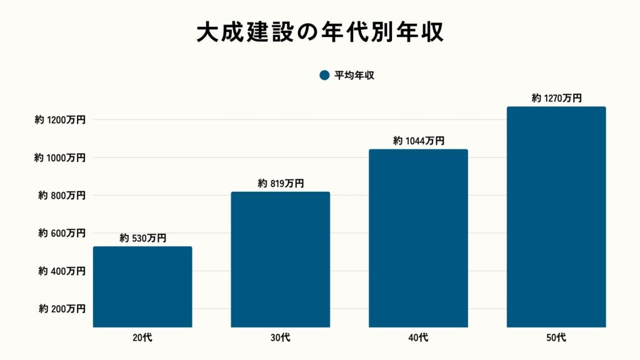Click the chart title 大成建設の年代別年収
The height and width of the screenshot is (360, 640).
[320, 33]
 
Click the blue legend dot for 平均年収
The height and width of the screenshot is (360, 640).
[324, 75]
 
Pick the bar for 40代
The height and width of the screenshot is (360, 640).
[418, 237]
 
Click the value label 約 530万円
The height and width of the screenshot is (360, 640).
[142, 238]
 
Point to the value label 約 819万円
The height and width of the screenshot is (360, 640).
[281, 183]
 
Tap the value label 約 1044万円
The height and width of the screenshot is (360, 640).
[418, 141]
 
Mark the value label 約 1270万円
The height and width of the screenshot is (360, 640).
[556, 98]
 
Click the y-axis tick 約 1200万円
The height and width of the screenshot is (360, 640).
[60, 120]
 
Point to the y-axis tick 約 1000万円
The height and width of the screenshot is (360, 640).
[60, 158]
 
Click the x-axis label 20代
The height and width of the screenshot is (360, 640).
[142, 338]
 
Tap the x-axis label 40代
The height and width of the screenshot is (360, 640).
[418, 338]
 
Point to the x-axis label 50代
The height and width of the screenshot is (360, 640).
[556, 338]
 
